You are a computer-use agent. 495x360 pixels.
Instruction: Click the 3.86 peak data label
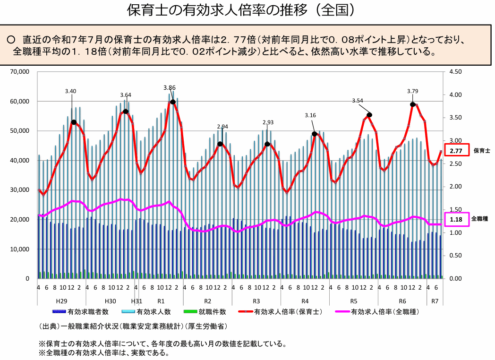coord(170,87)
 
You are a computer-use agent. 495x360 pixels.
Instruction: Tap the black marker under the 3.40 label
coord(74,122)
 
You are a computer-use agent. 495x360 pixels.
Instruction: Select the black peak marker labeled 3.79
coord(413,104)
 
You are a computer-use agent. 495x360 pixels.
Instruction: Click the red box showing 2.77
coord(456,151)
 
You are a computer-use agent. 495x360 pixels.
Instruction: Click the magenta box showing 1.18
coord(456,220)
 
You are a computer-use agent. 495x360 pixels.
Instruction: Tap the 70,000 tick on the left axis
coord(20,72)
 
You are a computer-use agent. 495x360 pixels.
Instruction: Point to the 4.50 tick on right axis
coord(456,72)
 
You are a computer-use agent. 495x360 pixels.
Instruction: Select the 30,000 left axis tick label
coord(20,190)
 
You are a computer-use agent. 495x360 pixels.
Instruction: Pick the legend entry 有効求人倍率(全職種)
coord(385,312)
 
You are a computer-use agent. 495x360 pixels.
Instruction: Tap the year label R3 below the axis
coord(256,301)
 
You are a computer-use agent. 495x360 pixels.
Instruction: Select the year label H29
coord(61,301)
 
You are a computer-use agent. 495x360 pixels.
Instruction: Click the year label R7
coord(435,301)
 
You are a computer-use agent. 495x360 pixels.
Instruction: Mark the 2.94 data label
coord(222,127)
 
